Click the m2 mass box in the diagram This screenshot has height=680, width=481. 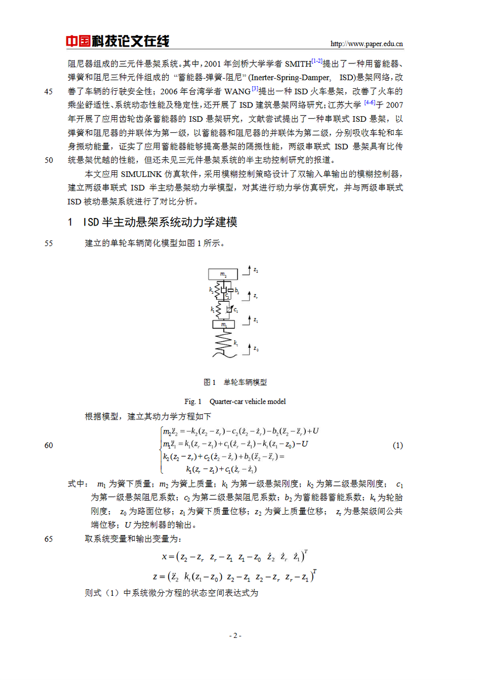(x=223, y=274)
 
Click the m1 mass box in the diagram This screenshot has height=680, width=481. (x=223, y=324)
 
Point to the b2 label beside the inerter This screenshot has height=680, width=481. (x=237, y=291)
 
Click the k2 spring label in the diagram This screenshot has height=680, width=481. (x=211, y=290)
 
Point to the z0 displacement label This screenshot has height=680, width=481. (x=256, y=349)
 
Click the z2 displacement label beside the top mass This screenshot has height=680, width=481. (x=256, y=270)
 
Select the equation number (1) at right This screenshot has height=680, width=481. (x=397, y=445)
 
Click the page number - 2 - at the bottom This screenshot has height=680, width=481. (x=235, y=635)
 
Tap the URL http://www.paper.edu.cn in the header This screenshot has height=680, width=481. (x=367, y=44)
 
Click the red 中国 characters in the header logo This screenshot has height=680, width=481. (x=78, y=41)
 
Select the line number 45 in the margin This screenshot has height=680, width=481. (x=49, y=92)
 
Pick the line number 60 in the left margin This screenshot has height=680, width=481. (x=49, y=445)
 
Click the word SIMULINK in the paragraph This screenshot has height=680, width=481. (x=141, y=174)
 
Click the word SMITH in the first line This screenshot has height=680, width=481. (x=298, y=64)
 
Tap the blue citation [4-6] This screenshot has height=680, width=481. (x=370, y=103)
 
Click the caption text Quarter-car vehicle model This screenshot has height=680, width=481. (x=248, y=402)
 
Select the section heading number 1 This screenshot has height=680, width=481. (x=70, y=222)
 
